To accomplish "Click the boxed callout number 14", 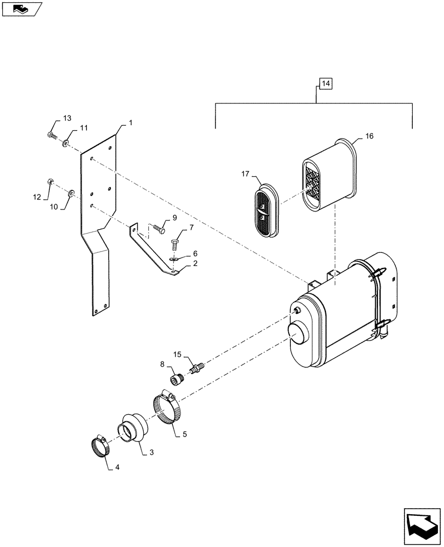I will pos(325,84).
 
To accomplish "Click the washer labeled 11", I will pos(66,143).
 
